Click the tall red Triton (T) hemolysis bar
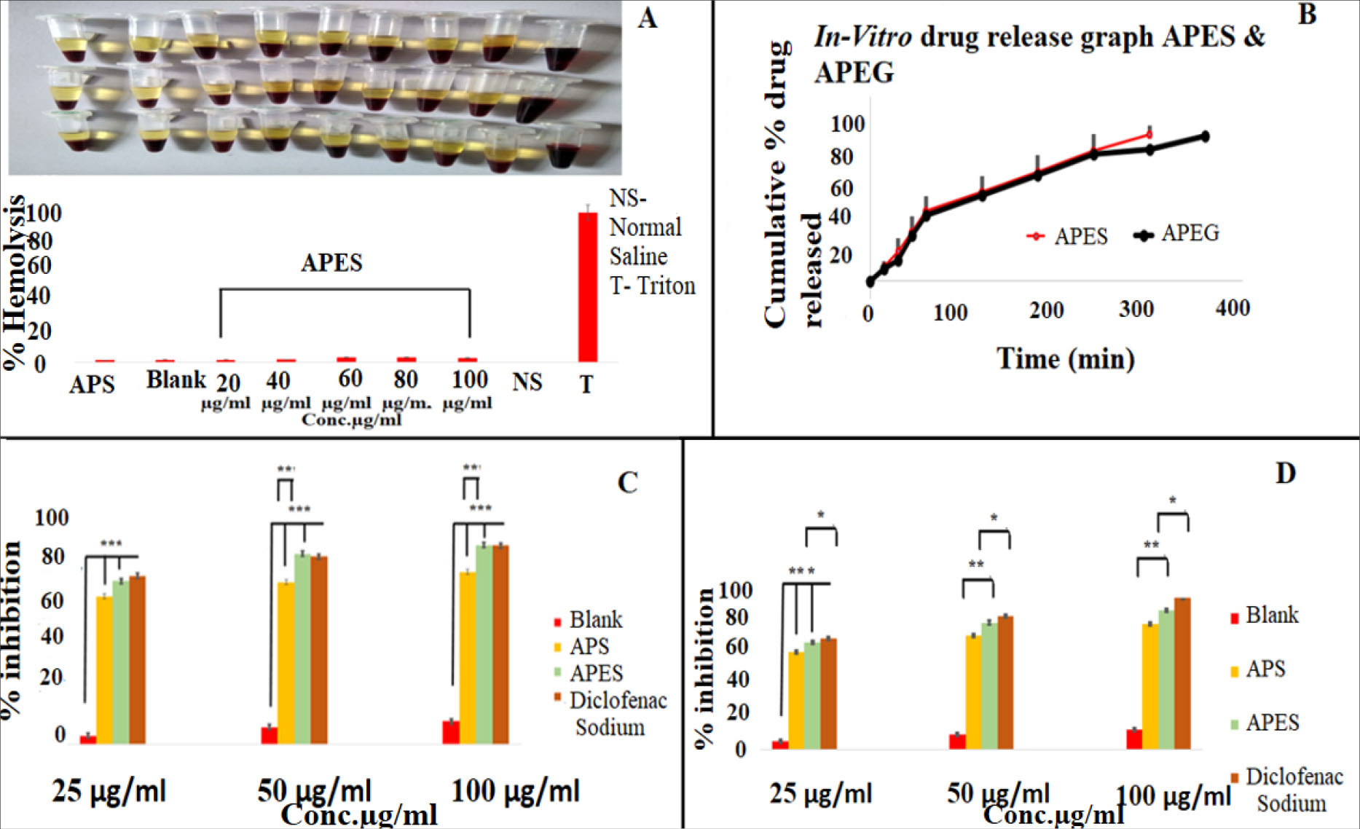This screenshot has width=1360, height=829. (x=587, y=287)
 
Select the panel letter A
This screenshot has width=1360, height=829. (x=646, y=17)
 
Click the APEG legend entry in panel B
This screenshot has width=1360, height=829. (x=1177, y=234)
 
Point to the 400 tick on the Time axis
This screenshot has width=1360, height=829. (x=1233, y=308)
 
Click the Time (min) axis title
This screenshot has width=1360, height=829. (x=1065, y=358)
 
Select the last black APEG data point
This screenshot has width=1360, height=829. (x=1205, y=136)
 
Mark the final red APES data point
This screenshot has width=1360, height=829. (x=1149, y=134)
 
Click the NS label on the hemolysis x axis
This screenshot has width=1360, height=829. (x=527, y=382)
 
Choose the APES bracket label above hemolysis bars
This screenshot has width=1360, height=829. (x=331, y=263)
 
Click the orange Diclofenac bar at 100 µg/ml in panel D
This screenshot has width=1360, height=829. (x=1182, y=673)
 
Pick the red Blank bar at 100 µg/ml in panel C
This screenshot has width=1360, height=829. (x=451, y=732)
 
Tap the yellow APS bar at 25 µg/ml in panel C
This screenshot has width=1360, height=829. (x=105, y=669)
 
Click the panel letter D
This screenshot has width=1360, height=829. (x=1286, y=474)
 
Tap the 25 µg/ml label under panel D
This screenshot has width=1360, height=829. (x=821, y=793)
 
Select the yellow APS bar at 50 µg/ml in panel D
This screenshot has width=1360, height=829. (x=972, y=692)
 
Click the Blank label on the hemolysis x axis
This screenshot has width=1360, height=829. (x=176, y=380)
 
